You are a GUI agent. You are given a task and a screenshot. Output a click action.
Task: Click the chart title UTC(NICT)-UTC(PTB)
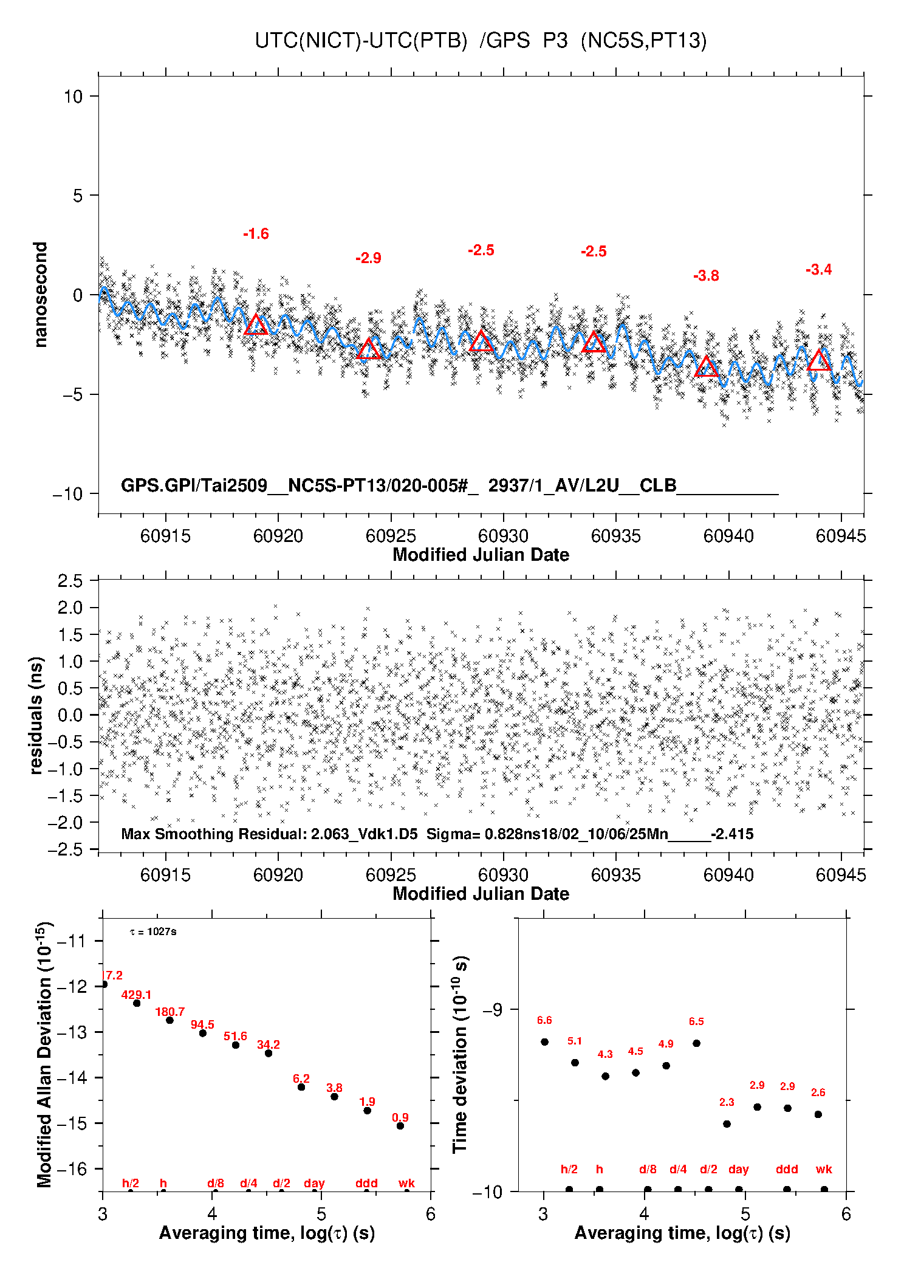(x=361, y=41)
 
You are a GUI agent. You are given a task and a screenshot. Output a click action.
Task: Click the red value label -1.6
(x=256, y=234)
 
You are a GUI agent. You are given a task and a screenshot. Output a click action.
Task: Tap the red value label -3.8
(x=706, y=276)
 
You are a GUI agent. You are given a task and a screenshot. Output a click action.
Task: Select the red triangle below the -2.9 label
(x=368, y=350)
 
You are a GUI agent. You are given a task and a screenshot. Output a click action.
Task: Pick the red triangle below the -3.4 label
(x=819, y=361)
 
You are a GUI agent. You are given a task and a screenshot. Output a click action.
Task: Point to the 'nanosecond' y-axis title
(x=40, y=295)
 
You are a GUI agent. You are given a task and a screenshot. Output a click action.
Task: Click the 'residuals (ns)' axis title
(x=36, y=715)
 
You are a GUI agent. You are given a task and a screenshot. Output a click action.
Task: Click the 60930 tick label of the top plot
(x=503, y=536)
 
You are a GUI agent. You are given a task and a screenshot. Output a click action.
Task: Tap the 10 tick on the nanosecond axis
(x=73, y=96)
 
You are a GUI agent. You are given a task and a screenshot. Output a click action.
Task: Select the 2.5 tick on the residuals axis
(x=70, y=581)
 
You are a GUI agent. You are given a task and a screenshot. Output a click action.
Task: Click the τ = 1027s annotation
(x=153, y=931)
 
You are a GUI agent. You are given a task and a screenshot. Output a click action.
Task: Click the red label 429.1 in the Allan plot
(x=136, y=995)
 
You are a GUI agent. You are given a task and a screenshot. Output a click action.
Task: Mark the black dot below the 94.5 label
(x=203, y=1033)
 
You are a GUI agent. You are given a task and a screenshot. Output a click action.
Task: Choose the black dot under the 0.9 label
(x=400, y=1126)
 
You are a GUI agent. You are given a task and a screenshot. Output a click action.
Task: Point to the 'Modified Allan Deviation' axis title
(x=44, y=1054)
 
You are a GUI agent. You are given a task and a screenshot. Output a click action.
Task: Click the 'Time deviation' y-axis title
(x=460, y=1054)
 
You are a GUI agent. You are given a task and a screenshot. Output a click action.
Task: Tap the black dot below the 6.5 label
(x=696, y=1043)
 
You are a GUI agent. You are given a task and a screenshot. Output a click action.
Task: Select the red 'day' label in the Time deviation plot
(x=738, y=1169)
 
